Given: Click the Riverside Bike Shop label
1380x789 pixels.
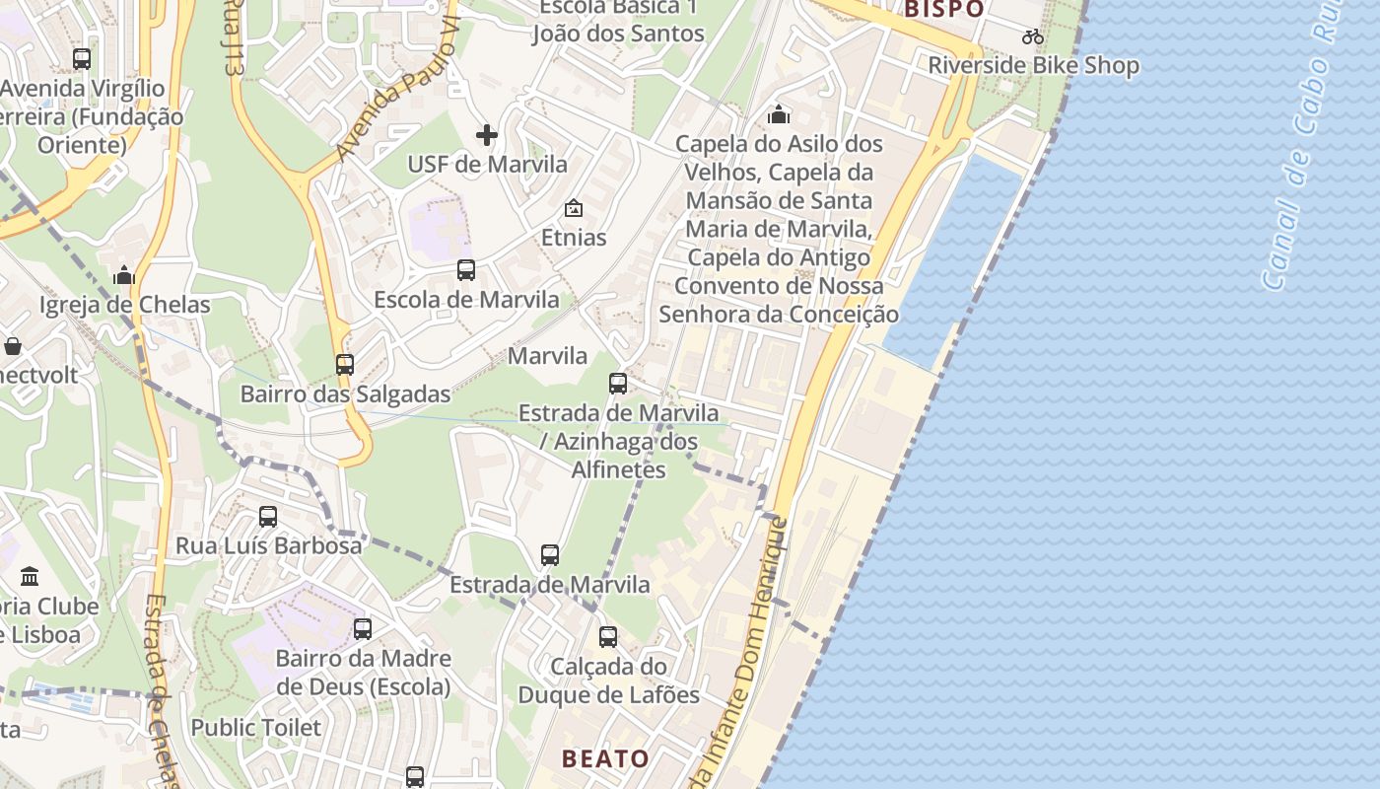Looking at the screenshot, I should pos(1033,66).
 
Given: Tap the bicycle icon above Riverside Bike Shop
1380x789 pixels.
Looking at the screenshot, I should pos(1033,37).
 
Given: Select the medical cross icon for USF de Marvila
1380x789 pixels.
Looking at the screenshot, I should pos(487,135).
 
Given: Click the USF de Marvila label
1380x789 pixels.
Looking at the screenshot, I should pos(488,164).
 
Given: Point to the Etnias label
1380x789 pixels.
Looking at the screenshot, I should pos(574,238).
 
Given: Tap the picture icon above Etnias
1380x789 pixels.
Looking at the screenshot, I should pos(573,208).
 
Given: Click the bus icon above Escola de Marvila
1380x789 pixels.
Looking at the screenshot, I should pos(466,269).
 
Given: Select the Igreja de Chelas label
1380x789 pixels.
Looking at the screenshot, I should pos(125,305).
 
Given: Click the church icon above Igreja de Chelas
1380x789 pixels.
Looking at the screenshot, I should pos(124,275).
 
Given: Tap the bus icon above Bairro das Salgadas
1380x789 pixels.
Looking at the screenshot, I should pos(344,364).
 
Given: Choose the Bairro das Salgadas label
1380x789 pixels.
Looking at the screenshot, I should pos(345,394).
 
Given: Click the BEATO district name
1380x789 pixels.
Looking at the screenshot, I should pos(605,758).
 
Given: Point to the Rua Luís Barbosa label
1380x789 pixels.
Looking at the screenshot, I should pos(268,545).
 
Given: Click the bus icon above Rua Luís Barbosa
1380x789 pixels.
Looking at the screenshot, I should pos(267,516).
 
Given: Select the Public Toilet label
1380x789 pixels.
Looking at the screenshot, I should pos(256,728).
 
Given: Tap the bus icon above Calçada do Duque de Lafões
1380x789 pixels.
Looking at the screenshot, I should pos(608,637).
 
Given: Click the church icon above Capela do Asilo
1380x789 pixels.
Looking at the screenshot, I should pos(779,115).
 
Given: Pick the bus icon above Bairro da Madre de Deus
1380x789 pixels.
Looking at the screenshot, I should pos(363,628).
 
